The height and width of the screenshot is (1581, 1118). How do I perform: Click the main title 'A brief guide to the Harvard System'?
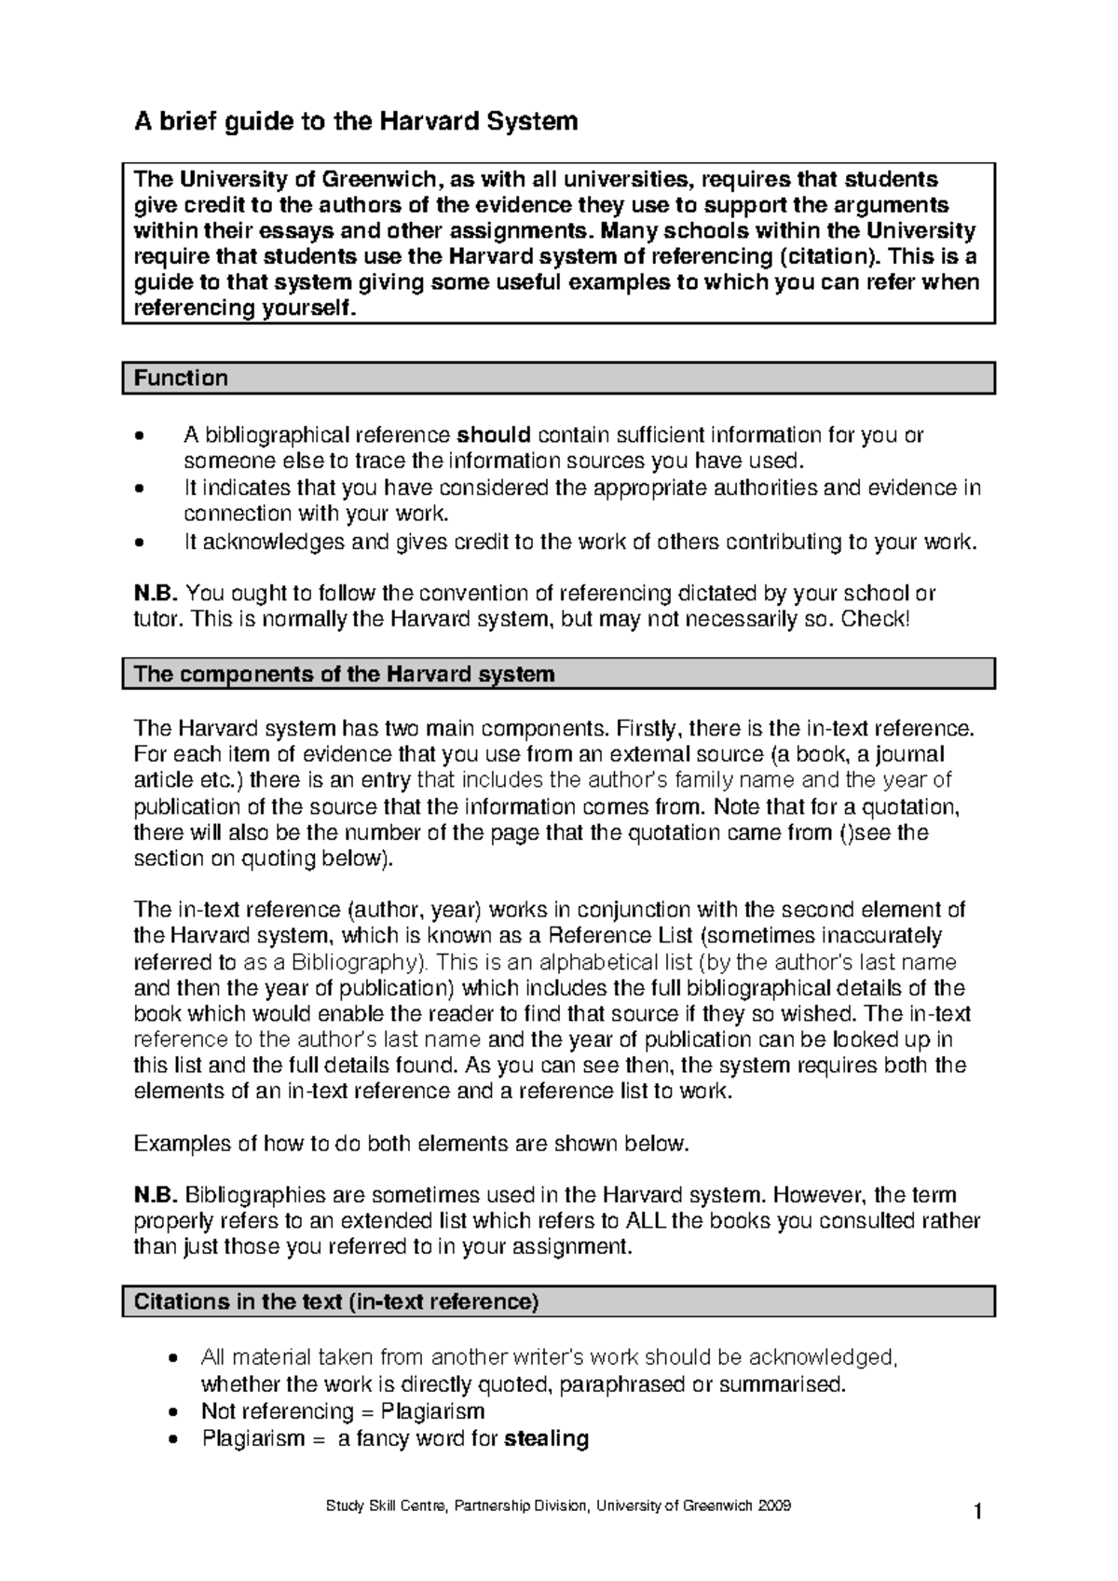[x=356, y=121]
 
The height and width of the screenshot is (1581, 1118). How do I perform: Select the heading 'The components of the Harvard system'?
[x=344, y=673]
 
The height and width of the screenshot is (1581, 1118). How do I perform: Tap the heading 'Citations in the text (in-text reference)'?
[x=336, y=1301]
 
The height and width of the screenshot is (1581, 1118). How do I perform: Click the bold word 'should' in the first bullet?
[x=494, y=435]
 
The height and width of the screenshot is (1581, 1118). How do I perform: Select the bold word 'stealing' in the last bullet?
[x=546, y=1438]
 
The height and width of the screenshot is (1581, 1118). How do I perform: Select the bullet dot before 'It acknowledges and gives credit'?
[x=141, y=543]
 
